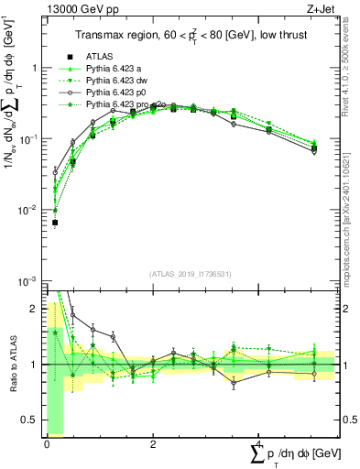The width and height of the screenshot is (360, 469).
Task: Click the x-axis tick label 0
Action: pyautogui.click(x=47, y=444)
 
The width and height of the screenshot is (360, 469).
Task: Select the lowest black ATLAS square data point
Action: pyautogui.click(x=55, y=223)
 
